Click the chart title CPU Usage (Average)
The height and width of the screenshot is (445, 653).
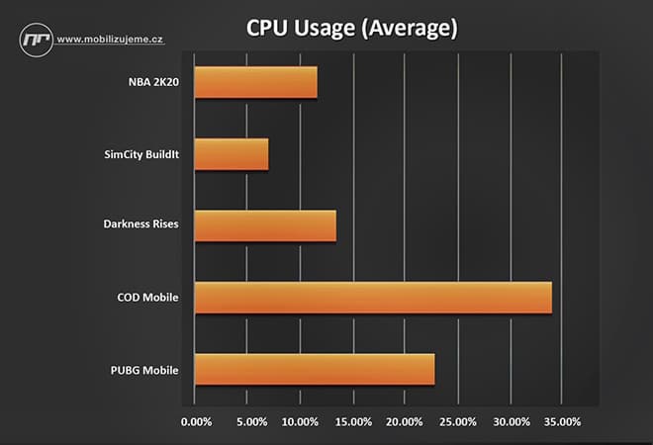pos(351,29)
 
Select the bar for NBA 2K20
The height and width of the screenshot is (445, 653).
pos(256,82)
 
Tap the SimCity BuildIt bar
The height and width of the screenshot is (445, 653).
pos(232,154)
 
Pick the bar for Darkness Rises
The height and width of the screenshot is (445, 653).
pos(265,225)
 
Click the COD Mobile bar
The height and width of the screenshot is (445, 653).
pos(373,298)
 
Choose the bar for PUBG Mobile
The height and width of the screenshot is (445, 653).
pos(315,369)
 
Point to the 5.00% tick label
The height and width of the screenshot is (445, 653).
pos(252,422)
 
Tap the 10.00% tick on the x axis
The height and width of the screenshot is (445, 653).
pos(301,422)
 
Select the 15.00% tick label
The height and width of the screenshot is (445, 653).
pos(353,422)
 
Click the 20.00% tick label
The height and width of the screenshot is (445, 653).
pos(406,422)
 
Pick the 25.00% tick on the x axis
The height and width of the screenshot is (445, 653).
pos(458,422)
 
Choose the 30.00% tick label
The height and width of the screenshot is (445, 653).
pos(511,422)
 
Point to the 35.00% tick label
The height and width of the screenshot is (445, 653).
pos(563,422)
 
